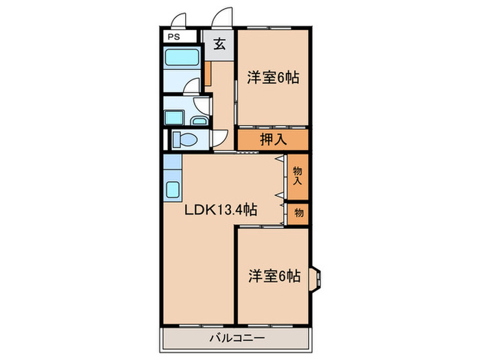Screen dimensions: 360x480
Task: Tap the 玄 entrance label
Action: click(219, 45)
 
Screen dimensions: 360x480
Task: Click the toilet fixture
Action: click(184, 140)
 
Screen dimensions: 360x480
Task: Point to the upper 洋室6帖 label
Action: click(272, 77)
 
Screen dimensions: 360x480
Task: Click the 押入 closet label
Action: click(272, 139)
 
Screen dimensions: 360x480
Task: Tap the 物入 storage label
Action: click(298, 175)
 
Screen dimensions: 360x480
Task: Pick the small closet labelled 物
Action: click(298, 213)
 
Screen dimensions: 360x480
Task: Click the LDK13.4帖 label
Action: click(219, 211)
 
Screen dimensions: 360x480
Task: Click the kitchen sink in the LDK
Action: click(172, 189)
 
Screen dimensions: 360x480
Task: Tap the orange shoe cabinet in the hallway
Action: click(207, 72)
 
